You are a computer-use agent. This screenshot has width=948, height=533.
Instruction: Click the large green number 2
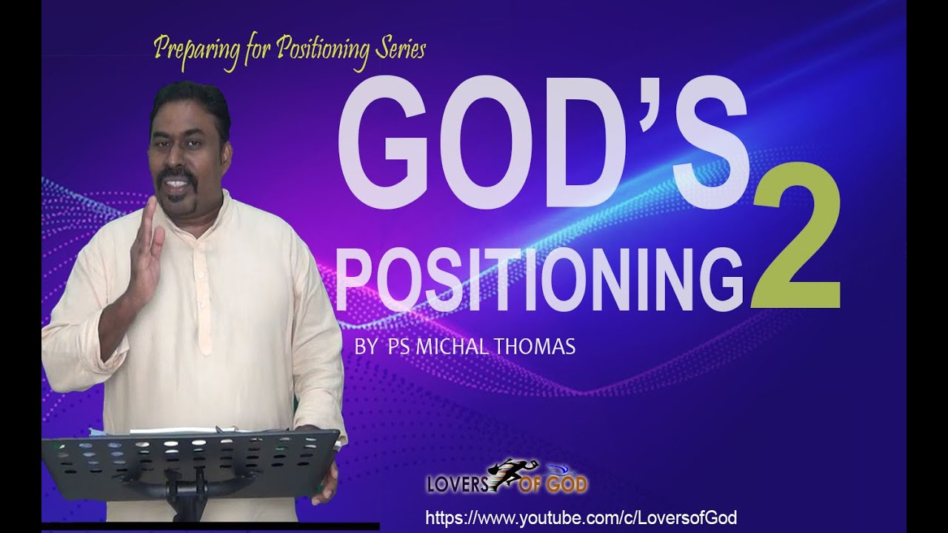796,248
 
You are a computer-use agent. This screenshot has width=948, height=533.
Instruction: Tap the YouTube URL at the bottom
580,517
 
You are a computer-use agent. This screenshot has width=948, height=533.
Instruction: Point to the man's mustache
176,178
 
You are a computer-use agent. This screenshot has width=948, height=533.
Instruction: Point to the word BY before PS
365,347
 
